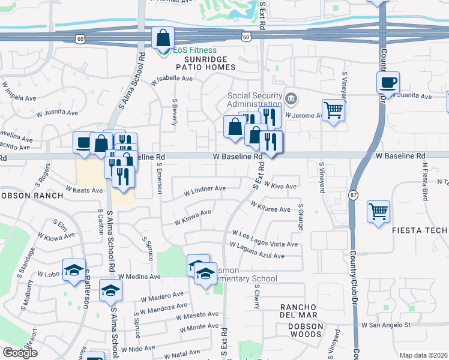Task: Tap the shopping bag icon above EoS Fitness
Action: pyautogui.click(x=163, y=38)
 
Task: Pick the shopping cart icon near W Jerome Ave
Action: pyautogui.click(x=333, y=110)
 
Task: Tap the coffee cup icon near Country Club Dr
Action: pyautogui.click(x=388, y=82)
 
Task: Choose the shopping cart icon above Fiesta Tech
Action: pyautogui.click(x=378, y=211)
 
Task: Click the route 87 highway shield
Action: pyautogui.click(x=353, y=196)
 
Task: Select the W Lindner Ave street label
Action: pyautogui.click(x=205, y=189)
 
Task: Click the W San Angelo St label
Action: pyautogui.click(x=385, y=325)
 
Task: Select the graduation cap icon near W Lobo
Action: pyautogui.click(x=74, y=270)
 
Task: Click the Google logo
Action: pyautogui.click(x=20, y=353)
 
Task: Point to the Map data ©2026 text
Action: pyautogui.click(x=423, y=355)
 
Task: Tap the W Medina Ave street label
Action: pyautogui.click(x=139, y=277)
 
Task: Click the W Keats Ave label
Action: pyautogui.click(x=85, y=190)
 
